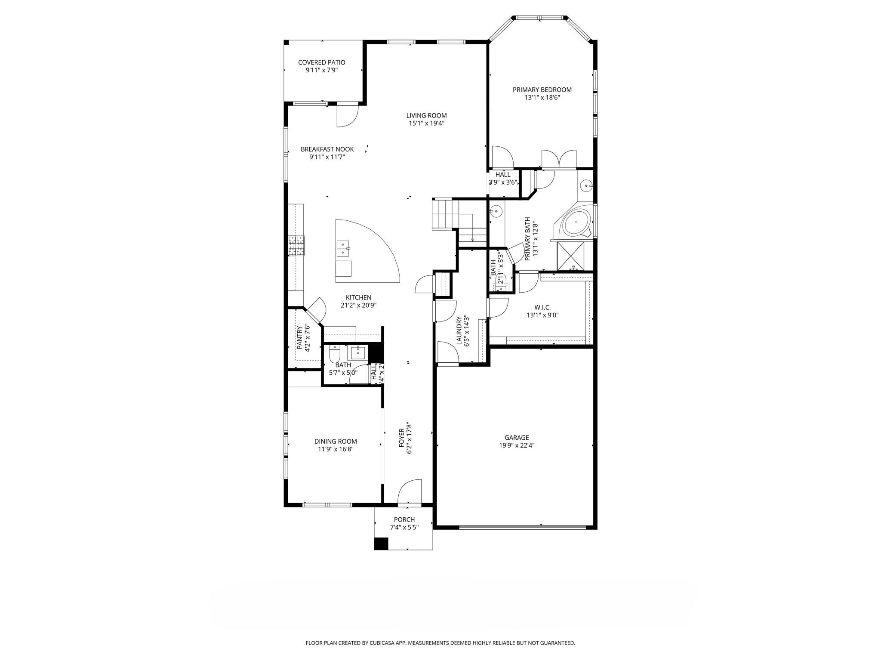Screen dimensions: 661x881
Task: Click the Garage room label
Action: coord(517,438)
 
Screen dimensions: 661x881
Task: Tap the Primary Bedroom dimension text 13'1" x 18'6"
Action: coord(542,98)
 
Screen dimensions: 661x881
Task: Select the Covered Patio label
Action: coord(321,62)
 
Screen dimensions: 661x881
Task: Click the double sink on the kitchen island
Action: coord(343,248)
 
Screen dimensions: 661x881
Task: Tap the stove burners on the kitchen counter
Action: coord(297,245)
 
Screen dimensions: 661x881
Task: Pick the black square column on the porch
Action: coord(381,544)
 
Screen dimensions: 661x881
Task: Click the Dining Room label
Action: coord(336,441)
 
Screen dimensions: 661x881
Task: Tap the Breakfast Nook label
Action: coord(327,149)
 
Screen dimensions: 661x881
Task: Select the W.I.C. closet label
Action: coord(542,307)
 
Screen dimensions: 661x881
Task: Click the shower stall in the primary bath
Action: coord(571,256)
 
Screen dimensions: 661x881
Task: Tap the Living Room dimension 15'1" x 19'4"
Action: coord(426,124)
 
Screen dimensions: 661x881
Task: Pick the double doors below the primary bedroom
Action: coord(559,159)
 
